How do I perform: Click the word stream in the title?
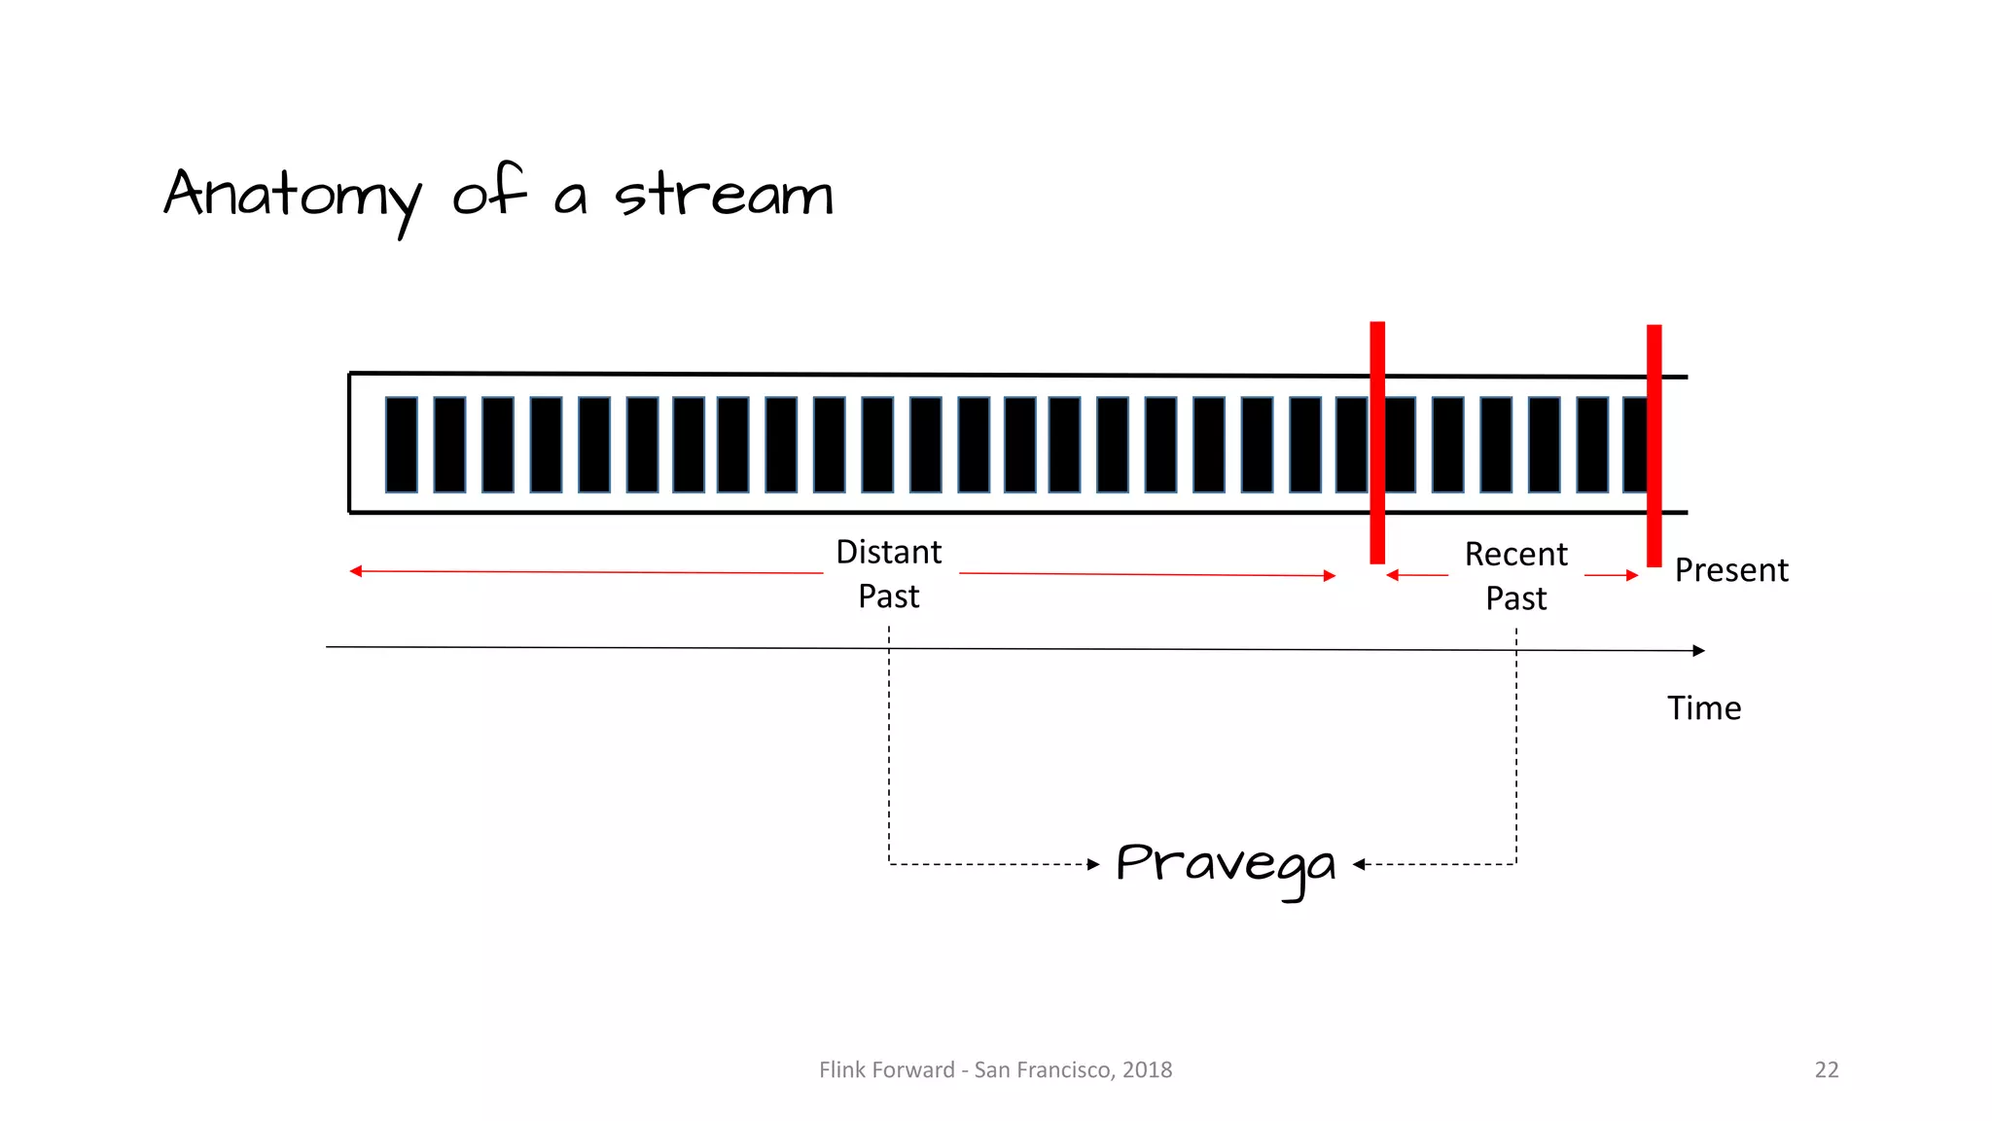724,195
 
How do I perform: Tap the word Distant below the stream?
888,553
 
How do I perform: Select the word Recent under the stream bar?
1515,555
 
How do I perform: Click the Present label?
1731,570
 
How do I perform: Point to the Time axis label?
1704,708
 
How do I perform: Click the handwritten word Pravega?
1226,864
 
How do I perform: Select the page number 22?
1826,1070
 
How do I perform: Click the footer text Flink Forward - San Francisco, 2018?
995,1070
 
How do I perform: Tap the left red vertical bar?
1377,443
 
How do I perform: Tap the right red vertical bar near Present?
1654,446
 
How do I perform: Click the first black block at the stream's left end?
402,445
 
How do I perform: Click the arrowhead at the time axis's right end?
1698,650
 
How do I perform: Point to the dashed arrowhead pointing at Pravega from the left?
1093,864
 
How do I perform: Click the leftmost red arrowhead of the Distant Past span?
356,571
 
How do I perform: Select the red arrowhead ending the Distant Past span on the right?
1330,576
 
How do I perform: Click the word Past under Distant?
888,597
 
